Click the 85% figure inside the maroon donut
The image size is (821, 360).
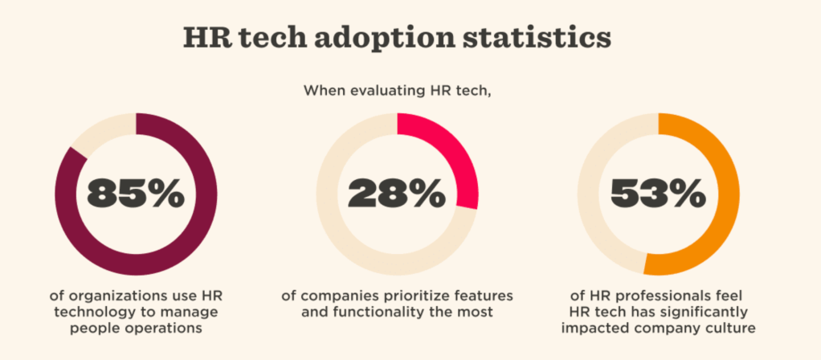click(x=136, y=194)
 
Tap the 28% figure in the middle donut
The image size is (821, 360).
click(x=397, y=194)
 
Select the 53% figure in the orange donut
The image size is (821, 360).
click(x=659, y=194)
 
